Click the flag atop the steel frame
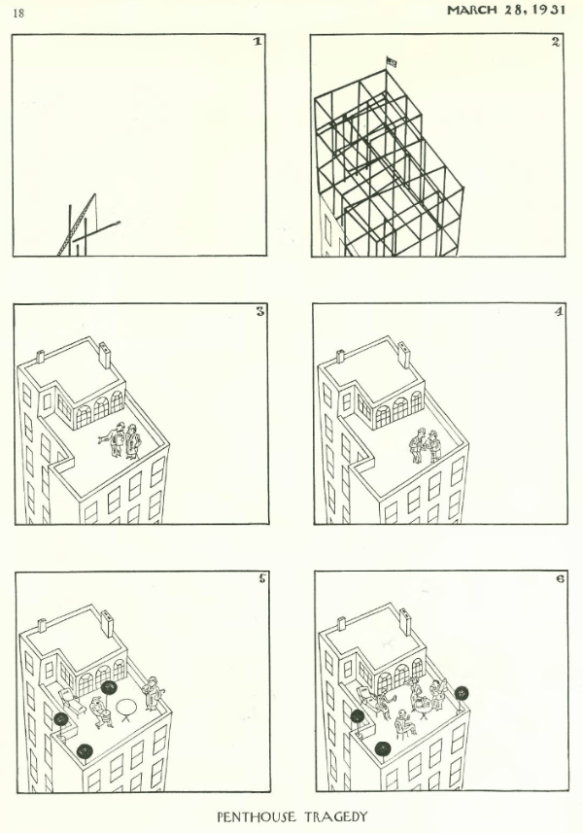coord(392,62)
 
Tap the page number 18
coord(18,14)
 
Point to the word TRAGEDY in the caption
coord(335,816)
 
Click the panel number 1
coord(257,42)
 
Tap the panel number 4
coord(558,311)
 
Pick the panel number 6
coord(561,578)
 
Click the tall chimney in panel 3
coord(106,356)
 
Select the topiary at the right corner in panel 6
coord(462,693)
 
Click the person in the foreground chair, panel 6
coord(405,721)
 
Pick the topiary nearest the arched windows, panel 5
coord(109,689)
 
